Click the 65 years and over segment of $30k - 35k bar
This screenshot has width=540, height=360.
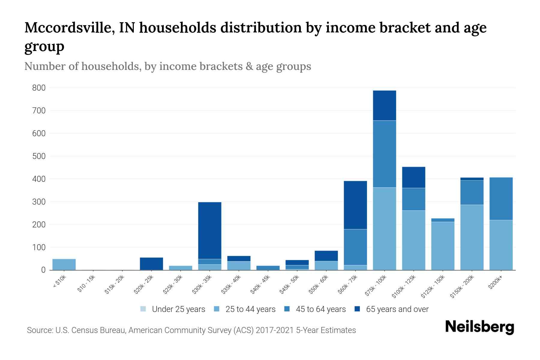pos(210,230)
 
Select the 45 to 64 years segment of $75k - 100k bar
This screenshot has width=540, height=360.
pos(384,154)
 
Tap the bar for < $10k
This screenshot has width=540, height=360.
pos(64,264)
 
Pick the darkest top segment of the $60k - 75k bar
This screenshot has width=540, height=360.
pos(355,205)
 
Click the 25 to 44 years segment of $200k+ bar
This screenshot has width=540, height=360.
pos(501,245)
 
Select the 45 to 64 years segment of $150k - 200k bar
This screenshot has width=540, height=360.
pos(472,193)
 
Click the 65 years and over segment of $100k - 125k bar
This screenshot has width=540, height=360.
pos(413,177)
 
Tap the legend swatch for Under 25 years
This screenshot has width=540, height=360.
pos(143,309)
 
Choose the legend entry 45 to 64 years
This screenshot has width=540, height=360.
pos(320,309)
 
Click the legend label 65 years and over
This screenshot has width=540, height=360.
pos(397,309)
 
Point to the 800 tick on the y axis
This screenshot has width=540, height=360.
pos(39,88)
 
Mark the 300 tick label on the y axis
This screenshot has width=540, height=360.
pos(39,202)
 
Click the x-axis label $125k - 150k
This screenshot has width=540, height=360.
pos(433,287)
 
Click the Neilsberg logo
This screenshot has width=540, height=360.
pos(479,327)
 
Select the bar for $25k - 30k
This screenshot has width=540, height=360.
pos(180,268)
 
